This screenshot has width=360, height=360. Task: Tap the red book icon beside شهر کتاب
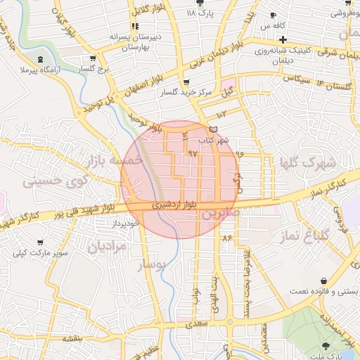tap(214, 129)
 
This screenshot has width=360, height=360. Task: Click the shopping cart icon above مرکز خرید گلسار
tap(184, 81)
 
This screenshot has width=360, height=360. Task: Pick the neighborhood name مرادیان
tap(107, 247)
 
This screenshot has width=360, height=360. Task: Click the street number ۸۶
tap(226, 238)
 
